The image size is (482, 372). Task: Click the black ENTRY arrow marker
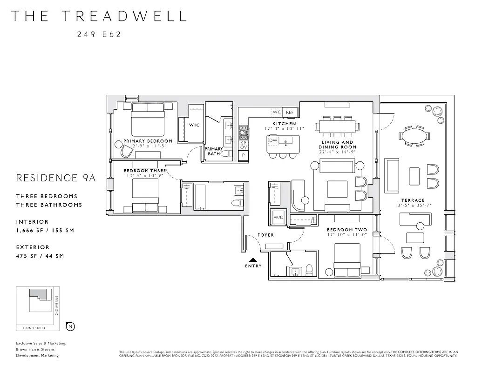(253, 261)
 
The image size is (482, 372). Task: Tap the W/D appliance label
(278, 217)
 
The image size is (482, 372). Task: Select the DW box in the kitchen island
(273, 140)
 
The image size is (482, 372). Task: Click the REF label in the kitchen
(290, 113)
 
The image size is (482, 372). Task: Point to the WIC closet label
(194, 125)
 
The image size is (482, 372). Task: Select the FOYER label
(265, 235)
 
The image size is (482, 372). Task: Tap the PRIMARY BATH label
(214, 151)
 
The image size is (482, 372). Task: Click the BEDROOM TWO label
(346, 230)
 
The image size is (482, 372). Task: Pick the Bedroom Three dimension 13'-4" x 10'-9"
(144, 176)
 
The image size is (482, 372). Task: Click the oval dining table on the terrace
(414, 137)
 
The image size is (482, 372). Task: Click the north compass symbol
(70, 326)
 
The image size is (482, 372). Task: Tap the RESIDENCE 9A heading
(55, 178)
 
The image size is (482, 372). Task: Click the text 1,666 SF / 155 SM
(45, 230)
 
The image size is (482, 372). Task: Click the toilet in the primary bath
(226, 153)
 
